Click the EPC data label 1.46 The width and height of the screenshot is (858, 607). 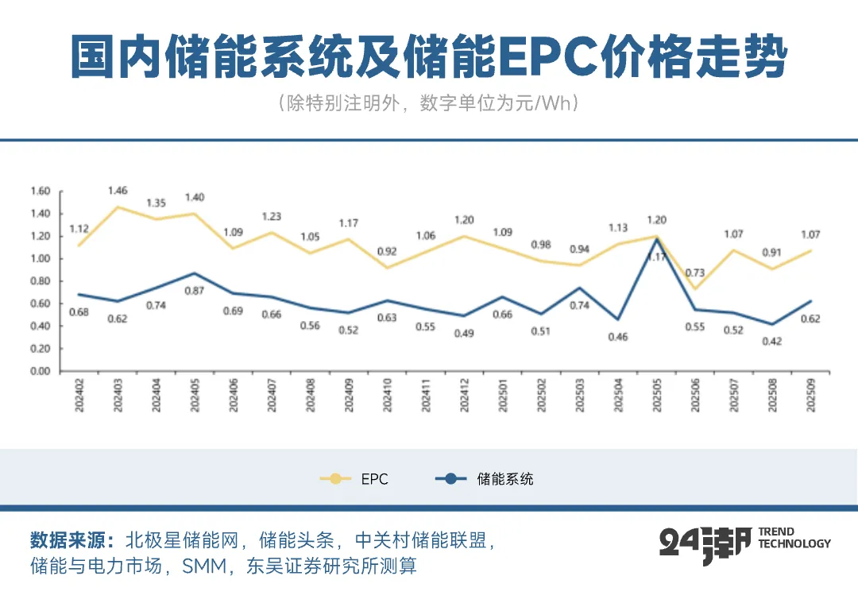(117, 191)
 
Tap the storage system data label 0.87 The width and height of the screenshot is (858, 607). (193, 292)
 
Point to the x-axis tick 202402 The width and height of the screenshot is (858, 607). (79, 395)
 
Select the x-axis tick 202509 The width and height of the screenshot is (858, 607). (811, 395)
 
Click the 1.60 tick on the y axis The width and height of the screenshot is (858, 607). (40, 191)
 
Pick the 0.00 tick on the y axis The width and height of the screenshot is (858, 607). (40, 371)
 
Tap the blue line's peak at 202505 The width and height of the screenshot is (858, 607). (656, 238)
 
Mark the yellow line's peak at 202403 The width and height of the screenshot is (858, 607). (118, 207)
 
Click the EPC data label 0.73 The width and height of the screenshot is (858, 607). (696, 273)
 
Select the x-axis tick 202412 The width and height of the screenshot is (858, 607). (464, 395)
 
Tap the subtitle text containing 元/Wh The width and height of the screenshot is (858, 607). (428, 104)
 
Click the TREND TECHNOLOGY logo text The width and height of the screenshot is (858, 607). (794, 538)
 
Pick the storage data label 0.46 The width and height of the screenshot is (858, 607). (618, 337)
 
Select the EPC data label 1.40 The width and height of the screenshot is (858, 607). (194, 197)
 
